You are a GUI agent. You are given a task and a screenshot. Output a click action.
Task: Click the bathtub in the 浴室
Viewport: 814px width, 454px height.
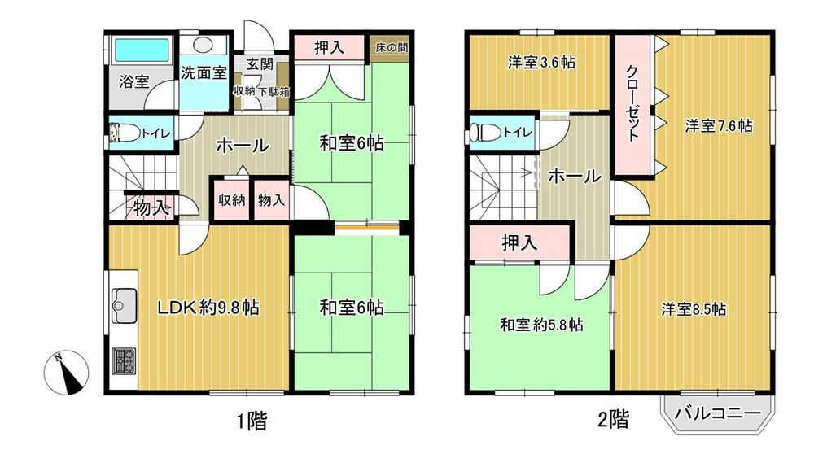click(x=142, y=50)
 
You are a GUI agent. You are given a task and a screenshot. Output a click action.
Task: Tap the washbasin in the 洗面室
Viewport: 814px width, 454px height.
click(x=204, y=45)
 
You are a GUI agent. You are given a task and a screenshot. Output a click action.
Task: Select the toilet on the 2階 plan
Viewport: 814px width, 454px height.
click(x=484, y=133)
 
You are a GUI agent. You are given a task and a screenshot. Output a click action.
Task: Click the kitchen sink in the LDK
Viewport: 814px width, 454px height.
click(x=124, y=305)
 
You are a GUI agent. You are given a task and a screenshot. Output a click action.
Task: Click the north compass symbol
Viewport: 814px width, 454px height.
click(x=66, y=373)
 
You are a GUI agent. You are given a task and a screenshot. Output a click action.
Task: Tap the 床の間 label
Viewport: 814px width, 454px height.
click(x=392, y=48)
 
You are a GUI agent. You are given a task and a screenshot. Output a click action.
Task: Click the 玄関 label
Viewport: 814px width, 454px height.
click(x=259, y=63)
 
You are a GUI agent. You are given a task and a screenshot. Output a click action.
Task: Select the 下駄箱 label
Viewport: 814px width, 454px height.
click(x=274, y=93)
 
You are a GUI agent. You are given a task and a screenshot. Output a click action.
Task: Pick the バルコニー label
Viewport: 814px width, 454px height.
click(x=718, y=413)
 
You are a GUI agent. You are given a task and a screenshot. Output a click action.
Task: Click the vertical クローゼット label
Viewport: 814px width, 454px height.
click(x=632, y=103)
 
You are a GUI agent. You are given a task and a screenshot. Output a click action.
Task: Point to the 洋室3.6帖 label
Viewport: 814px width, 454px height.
click(x=541, y=63)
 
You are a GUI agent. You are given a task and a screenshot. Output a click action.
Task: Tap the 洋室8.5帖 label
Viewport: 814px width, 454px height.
click(x=694, y=310)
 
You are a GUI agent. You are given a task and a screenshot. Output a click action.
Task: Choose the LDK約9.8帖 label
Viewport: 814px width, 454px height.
click(x=208, y=308)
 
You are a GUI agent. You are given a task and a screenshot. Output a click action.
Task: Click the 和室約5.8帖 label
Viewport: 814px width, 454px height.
click(x=541, y=325)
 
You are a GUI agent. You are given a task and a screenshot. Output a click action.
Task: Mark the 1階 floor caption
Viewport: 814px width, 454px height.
click(x=252, y=421)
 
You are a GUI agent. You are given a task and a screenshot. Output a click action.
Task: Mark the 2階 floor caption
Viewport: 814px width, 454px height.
click(x=614, y=419)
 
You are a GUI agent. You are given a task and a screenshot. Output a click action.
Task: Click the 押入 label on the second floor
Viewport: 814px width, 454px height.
click(x=519, y=242)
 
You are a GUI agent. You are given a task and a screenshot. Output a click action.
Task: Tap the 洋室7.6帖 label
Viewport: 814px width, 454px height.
click(x=719, y=125)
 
